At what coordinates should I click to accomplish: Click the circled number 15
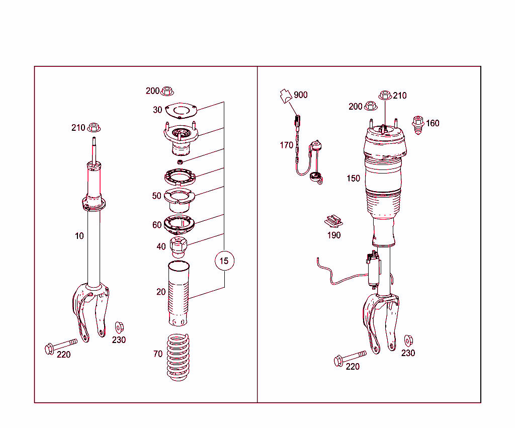(224, 261)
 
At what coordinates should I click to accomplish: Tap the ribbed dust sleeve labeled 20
(179, 294)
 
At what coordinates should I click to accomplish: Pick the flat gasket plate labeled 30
(180, 110)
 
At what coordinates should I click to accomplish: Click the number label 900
(300, 95)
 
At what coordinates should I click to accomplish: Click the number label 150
(353, 179)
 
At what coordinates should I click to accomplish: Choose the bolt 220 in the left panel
(60, 346)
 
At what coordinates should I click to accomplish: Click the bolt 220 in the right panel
(349, 358)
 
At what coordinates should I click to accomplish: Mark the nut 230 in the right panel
(408, 340)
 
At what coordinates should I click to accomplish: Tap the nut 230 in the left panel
(119, 327)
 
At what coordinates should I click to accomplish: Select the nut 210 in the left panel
(94, 127)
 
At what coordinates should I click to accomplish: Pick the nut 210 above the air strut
(385, 95)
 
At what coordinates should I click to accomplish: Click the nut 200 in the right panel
(371, 106)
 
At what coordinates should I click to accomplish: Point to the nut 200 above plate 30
(167, 92)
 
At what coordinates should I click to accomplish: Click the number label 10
(79, 236)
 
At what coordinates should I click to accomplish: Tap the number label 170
(286, 146)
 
